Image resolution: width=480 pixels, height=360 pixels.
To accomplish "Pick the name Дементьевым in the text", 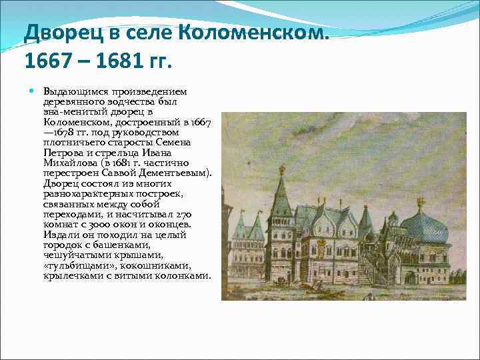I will click(x=179, y=173).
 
